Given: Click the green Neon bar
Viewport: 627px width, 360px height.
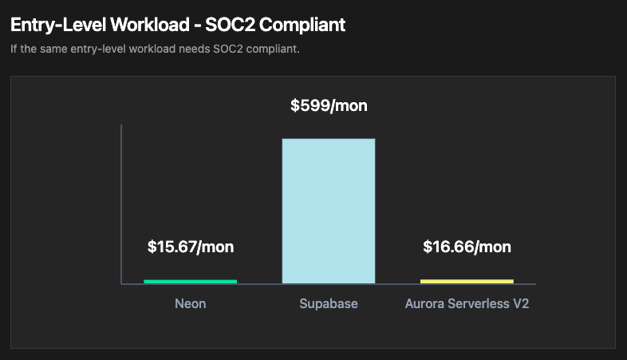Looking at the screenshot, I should pos(190,281).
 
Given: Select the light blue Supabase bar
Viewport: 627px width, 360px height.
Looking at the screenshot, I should pos(328,211).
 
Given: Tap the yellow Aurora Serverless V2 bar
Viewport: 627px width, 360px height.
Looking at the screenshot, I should pos(467,281).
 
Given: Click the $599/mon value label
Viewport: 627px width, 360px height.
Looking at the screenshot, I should pos(329,105).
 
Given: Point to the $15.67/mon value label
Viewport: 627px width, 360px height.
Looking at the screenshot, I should pos(191,247).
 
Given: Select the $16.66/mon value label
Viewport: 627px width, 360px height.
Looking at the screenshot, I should pos(467,247).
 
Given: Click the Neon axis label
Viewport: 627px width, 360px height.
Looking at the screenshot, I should pos(190,304).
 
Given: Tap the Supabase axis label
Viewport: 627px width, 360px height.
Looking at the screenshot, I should pos(329,304).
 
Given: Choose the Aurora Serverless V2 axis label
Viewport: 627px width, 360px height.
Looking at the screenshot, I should pos(467,304).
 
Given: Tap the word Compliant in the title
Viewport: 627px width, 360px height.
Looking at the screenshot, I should pos(303,26).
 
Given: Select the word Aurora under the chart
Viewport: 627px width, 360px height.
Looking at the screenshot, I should pos(424,304).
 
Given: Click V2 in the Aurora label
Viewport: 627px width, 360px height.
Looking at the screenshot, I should pos(522,304).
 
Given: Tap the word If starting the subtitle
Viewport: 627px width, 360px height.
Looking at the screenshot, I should pos(14,49).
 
